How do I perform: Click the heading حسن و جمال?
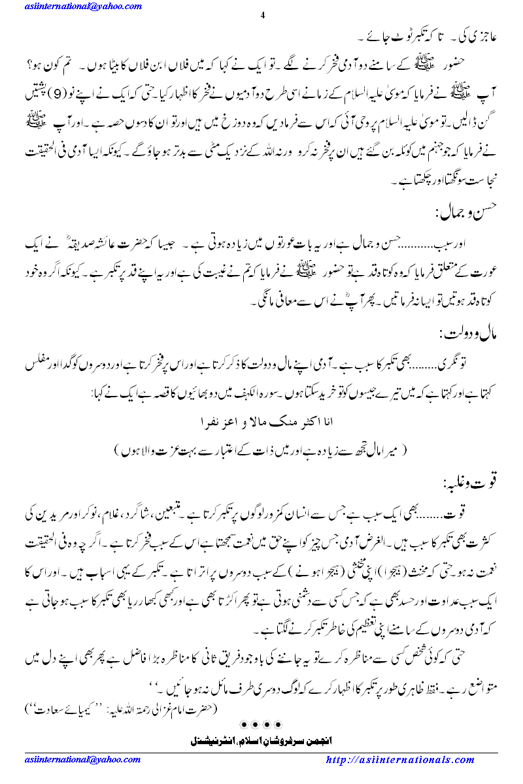pyautogui.click(x=462, y=212)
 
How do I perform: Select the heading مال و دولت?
pyautogui.click(x=463, y=334)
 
